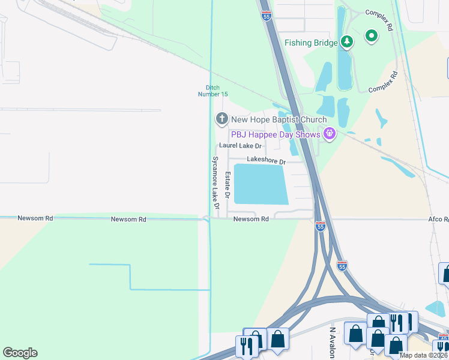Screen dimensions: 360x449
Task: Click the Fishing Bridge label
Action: [x=311, y=43]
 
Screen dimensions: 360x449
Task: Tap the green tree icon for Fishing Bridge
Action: [x=346, y=41]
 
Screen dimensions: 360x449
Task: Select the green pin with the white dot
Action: [x=372, y=37]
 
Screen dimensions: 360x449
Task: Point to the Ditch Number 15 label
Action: [x=217, y=91]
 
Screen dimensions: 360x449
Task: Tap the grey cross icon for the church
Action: [x=221, y=119]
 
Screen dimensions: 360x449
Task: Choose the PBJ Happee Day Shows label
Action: [x=275, y=134]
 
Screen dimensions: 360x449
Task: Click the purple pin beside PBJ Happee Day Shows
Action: [x=328, y=134]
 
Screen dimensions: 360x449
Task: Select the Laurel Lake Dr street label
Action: [x=241, y=146]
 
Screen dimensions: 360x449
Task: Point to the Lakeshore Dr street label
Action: [x=266, y=161]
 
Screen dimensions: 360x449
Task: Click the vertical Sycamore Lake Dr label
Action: [x=215, y=182]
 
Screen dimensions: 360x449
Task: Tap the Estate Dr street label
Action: [x=228, y=185]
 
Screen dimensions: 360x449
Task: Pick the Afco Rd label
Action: [x=438, y=220]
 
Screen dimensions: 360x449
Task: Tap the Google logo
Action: [x=20, y=353]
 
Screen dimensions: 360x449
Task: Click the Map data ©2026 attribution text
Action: [x=424, y=355]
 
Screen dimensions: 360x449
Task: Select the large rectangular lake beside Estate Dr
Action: [x=259, y=184]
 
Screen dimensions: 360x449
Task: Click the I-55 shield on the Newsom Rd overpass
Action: [x=321, y=226]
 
